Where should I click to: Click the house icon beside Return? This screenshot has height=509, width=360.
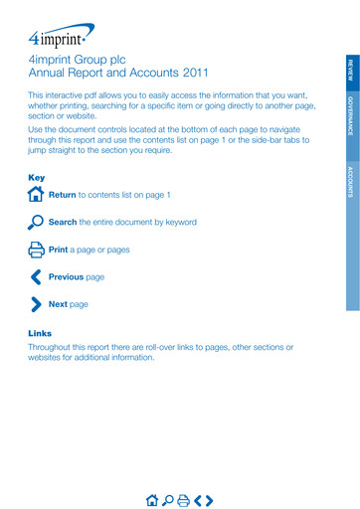[37, 195]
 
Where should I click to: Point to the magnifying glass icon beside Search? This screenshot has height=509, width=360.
[37, 222]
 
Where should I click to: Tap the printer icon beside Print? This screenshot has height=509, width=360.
[37, 250]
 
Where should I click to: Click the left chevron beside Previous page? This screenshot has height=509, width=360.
[36, 276]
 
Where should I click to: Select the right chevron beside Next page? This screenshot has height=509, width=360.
[37, 304]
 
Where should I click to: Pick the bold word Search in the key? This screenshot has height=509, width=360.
[63, 222]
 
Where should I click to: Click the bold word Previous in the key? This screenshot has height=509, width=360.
[66, 276]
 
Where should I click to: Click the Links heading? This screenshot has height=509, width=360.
[40, 333]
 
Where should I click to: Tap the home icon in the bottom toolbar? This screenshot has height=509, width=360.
[151, 499]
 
